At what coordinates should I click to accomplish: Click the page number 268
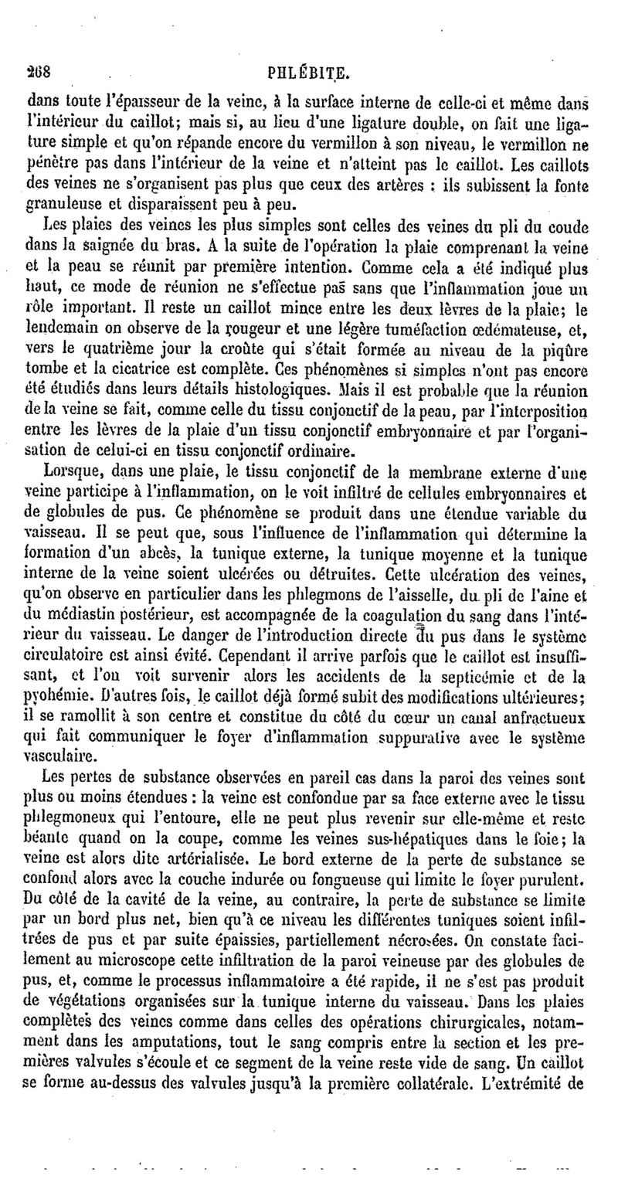pyautogui.click(x=38, y=75)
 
